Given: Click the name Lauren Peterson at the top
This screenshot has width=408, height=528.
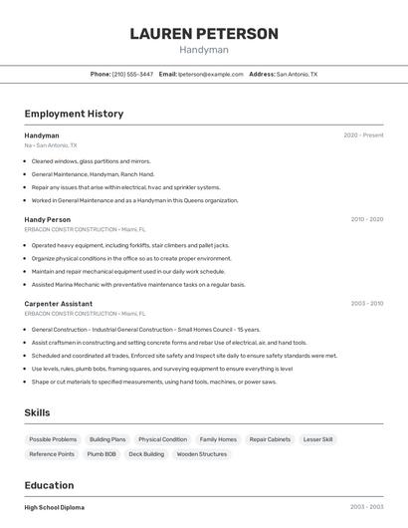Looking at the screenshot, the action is pyautogui.click(x=204, y=34).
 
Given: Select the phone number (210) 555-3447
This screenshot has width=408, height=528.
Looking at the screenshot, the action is pyautogui.click(x=132, y=74).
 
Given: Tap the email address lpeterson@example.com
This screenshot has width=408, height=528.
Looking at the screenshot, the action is pyautogui.click(x=211, y=74).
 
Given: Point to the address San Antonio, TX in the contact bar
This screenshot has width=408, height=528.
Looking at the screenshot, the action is pyautogui.click(x=297, y=74).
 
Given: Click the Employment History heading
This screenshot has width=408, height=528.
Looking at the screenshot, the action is pyautogui.click(x=74, y=114).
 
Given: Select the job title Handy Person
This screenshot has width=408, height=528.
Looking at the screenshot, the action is pyautogui.click(x=48, y=219).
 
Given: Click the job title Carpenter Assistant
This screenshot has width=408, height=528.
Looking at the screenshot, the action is pyautogui.click(x=59, y=304).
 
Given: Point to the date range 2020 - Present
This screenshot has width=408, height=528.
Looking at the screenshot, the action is pyautogui.click(x=363, y=135).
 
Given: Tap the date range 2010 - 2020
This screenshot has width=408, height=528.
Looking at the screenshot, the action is pyautogui.click(x=366, y=219).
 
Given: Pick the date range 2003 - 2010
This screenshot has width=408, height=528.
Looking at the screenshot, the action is pyautogui.click(x=366, y=304).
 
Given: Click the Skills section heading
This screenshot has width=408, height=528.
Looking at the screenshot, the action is pyautogui.click(x=37, y=412).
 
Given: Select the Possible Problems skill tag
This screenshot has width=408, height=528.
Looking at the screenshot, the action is pyautogui.click(x=53, y=439).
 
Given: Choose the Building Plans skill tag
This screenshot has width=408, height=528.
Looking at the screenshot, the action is pyautogui.click(x=107, y=439).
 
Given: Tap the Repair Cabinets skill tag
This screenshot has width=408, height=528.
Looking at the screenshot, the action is pyautogui.click(x=270, y=439).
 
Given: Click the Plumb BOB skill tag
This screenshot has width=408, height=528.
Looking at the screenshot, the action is pyautogui.click(x=102, y=454).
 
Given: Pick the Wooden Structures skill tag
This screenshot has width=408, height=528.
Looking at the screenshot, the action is pyautogui.click(x=202, y=454).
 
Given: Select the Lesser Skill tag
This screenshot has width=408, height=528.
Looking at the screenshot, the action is pyautogui.click(x=318, y=439).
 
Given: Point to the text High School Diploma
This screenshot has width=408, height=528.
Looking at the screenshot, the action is pyautogui.click(x=55, y=508).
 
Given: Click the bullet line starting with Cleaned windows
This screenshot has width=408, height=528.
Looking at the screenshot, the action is pyautogui.click(x=91, y=160).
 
